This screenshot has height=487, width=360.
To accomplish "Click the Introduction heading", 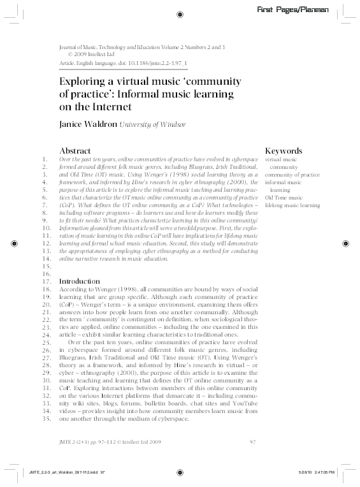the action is click(79, 281).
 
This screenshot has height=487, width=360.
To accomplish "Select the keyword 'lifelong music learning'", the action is click(292, 206).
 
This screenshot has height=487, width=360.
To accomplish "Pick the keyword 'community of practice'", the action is click(292, 174).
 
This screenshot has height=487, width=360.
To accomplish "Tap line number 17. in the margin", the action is click(45, 281).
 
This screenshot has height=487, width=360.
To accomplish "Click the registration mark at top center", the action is click(180, 13).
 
